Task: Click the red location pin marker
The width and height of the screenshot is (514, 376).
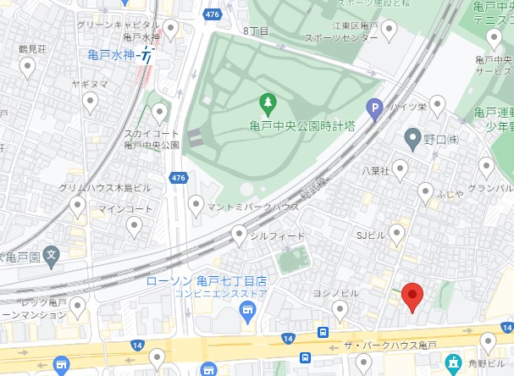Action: click(412, 296)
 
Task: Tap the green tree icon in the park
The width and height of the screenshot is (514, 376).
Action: click(268, 103)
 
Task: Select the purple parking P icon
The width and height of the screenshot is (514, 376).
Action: click(373, 108)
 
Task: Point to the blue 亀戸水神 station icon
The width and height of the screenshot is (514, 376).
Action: click(147, 57)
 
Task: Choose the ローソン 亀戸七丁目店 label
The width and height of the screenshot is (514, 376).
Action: click(207, 280)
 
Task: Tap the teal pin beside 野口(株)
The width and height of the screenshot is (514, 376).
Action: click(412, 136)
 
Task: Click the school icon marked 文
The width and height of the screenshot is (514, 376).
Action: click(52, 253)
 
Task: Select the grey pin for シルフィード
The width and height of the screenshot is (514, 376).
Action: click(240, 234)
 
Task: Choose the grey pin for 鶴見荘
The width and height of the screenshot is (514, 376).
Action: click(28, 68)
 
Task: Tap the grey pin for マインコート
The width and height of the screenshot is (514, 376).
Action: click(134, 225)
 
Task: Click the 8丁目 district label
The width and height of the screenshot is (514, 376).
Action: click(256, 30)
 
